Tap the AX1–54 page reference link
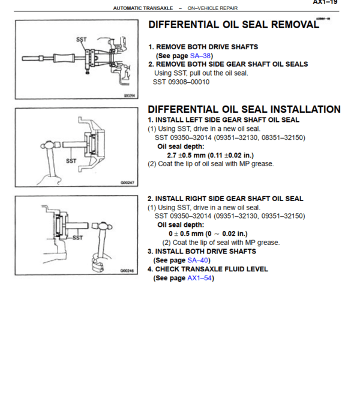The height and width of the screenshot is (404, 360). (200, 278)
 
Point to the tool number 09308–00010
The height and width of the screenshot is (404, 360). (189, 82)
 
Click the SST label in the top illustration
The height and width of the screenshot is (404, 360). (82, 40)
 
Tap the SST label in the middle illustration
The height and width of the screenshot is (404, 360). (71, 161)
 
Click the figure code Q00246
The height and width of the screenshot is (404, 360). (127, 271)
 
